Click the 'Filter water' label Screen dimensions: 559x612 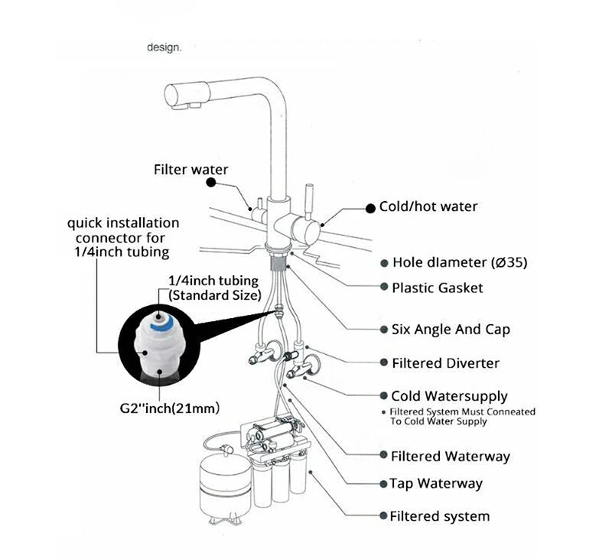point(190,170)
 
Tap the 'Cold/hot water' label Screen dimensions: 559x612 point(428,206)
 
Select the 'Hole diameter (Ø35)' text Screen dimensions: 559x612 point(460,262)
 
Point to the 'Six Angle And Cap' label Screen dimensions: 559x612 point(451,330)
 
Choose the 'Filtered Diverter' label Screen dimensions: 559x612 point(445,362)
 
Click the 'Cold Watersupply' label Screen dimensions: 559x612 point(449,396)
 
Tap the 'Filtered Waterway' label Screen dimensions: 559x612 point(450,456)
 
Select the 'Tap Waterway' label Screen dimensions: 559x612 point(436,483)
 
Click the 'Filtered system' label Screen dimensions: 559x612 point(440,516)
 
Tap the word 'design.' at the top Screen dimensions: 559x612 point(164,47)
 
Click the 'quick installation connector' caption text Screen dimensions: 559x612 point(123,237)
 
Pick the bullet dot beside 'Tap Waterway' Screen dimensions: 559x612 point(383,484)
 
